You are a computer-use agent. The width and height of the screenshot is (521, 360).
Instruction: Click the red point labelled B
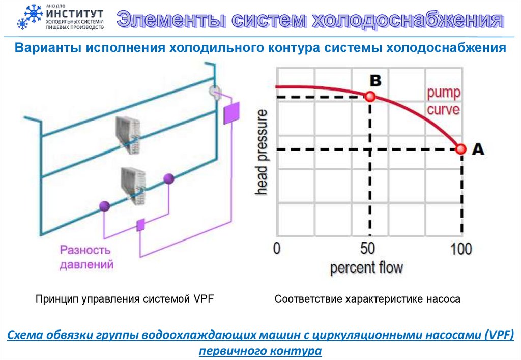point(370,96)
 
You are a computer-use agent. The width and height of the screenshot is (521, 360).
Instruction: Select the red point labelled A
point(461,149)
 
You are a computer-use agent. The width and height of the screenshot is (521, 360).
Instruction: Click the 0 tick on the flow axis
point(277,249)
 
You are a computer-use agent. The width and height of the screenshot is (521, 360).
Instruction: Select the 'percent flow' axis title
point(366,267)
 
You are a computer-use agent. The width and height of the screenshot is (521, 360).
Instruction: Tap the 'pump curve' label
point(443,101)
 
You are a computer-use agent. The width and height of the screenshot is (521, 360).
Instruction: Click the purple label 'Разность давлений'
point(85,257)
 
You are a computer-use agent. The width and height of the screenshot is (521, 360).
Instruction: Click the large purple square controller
point(231,113)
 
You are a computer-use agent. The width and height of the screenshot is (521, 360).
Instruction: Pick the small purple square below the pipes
point(141,225)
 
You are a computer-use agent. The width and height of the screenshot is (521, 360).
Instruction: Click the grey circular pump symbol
point(216,92)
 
